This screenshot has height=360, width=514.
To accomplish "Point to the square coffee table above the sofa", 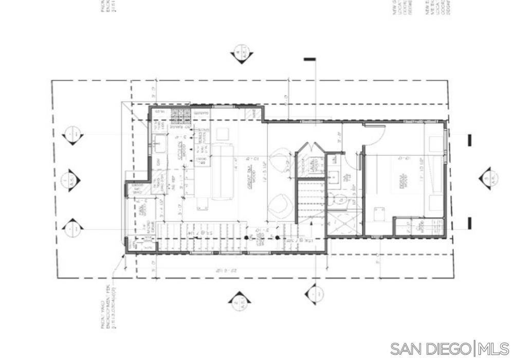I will click(x=222, y=134).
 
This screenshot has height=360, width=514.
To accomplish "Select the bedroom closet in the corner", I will click(x=418, y=226).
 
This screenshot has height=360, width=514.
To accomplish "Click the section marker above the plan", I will click(x=241, y=53).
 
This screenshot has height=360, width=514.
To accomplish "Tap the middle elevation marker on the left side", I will click(x=71, y=181).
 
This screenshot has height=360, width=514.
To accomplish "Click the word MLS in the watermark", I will click(x=493, y=349).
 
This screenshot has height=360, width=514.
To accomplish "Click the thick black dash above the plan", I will click(x=309, y=60).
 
